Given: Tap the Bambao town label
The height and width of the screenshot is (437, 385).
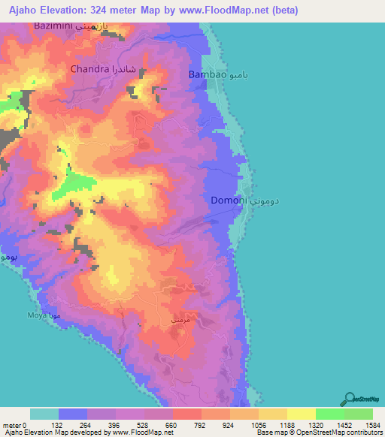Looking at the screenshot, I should (x=206, y=75).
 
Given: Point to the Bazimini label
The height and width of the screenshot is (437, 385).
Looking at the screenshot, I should (x=55, y=26).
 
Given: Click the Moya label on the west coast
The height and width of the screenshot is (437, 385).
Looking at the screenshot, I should (x=38, y=315).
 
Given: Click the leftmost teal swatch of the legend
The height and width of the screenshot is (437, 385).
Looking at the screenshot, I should (x=44, y=414).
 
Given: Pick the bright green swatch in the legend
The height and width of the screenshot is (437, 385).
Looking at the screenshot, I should (x=329, y=414).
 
